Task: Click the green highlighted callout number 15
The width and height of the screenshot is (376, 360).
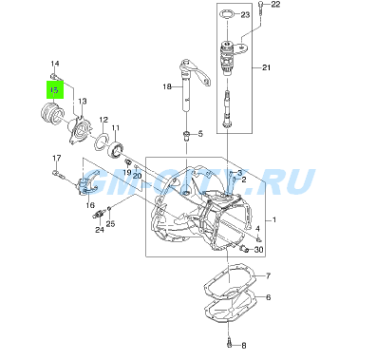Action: click(x=55, y=89)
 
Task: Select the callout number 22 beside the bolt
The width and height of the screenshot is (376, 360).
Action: click(x=275, y=4)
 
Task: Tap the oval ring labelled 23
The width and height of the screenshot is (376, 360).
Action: click(x=228, y=14)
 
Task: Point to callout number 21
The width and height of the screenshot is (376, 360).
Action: click(x=267, y=67)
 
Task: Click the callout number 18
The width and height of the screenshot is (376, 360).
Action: click(x=167, y=86)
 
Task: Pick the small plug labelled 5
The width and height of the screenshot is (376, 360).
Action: click(x=186, y=136)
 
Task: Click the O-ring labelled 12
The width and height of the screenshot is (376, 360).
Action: click(x=102, y=141)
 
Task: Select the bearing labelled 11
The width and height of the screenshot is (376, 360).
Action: click(x=115, y=149)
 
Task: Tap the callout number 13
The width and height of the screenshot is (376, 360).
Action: click(x=83, y=102)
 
